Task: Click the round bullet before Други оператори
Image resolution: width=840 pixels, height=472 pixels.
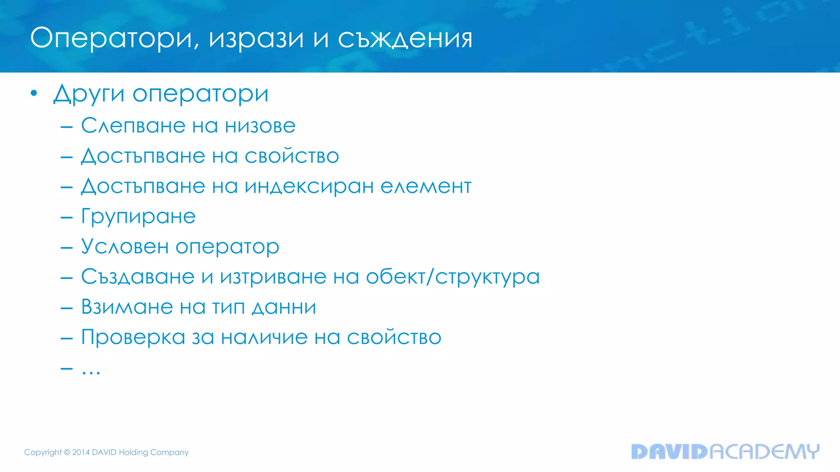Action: point(34,93)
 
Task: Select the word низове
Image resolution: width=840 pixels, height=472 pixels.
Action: point(260,125)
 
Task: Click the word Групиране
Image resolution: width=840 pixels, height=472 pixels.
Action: point(138,217)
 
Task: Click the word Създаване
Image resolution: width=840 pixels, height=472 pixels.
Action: point(137,277)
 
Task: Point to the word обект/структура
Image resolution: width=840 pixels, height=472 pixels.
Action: point(452,277)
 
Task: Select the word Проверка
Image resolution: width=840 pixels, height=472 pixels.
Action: point(133,338)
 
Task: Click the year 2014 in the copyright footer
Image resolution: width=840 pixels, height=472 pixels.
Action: point(81,452)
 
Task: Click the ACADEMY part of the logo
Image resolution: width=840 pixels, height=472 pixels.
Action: point(764,452)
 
